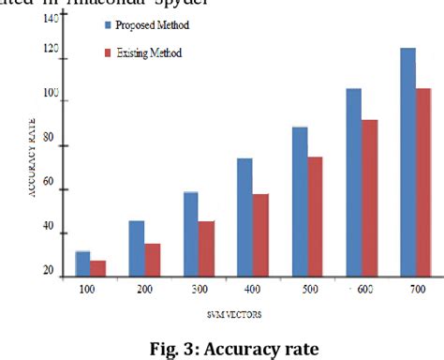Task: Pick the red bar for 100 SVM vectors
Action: [x=97, y=268]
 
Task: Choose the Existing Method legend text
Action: [x=149, y=53]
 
